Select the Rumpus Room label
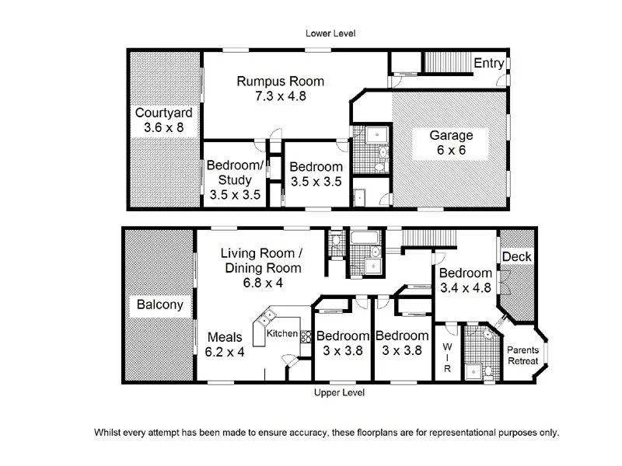point(280,82)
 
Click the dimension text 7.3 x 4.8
point(280,97)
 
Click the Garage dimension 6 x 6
point(451,150)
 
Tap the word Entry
point(489,64)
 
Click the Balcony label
point(159,304)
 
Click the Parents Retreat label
point(522,356)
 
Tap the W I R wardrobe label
point(447,358)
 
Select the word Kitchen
point(281,334)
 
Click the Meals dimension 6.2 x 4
point(225,352)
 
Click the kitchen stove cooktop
point(306,336)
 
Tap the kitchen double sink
point(268,317)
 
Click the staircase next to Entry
point(446,61)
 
